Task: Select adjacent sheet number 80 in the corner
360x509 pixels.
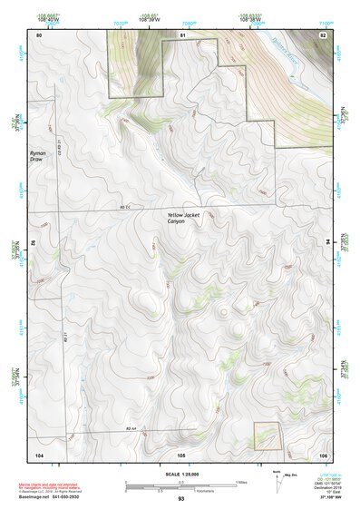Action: pos(38,34)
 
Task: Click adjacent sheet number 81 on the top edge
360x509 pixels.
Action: pos(182,34)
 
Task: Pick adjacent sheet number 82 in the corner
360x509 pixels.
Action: pos(322,34)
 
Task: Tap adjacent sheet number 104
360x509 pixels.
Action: pos(39,453)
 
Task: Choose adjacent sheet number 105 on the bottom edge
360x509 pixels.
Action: pos(181,453)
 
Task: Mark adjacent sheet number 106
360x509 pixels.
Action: pos(322,453)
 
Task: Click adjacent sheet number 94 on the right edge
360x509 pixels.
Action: pos(328,242)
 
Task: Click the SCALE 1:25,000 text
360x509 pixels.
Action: pos(180,474)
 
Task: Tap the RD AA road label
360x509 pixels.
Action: pos(130,427)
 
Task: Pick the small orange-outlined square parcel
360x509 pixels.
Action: pos(267,436)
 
